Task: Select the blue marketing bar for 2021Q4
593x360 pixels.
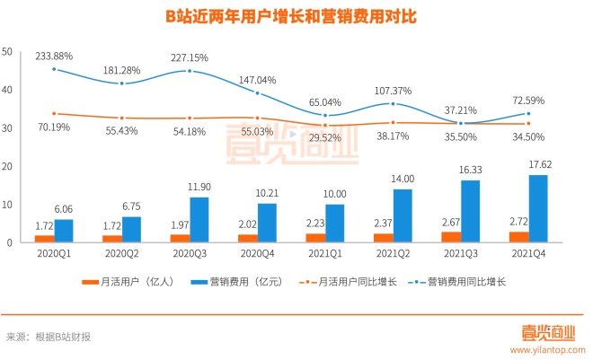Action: point(538,208)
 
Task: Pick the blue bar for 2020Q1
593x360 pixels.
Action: point(63,231)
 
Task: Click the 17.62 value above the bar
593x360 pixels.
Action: point(538,165)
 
